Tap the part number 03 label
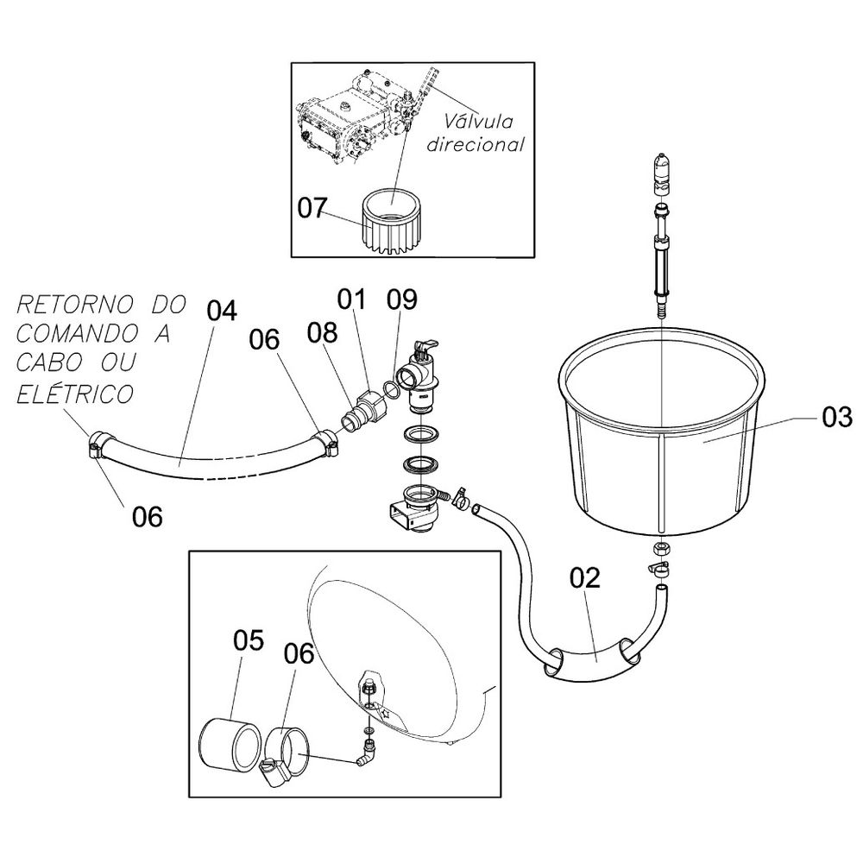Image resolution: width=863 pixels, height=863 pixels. coord(836,419)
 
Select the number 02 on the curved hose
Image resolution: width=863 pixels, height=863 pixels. coord(584,577)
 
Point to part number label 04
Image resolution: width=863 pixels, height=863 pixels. coord(222,310)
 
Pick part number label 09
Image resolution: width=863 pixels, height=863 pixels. coord(402,300)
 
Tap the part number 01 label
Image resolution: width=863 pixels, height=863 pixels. coord(352,299)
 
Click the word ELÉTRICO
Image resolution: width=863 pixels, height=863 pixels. coord(76,394)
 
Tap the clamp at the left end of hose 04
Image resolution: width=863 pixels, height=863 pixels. coord(98,445)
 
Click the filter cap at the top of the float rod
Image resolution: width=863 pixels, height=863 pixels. coord(661,169)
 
